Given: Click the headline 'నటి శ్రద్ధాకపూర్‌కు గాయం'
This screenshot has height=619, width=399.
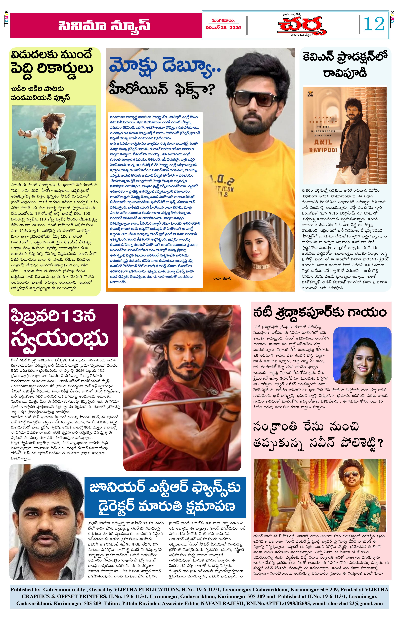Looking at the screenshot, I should click(x=319, y=313).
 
